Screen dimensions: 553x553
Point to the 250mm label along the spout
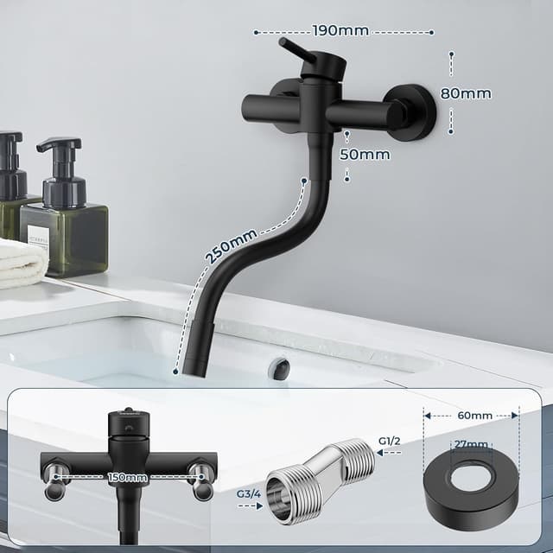coord(231,248)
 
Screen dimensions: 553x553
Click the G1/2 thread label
coord(391,442)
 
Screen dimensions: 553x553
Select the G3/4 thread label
coord(249,493)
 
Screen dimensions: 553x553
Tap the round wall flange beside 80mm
coord(412,111)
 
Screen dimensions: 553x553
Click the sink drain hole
coord(280,369)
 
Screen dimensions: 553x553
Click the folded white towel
coord(21,263)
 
